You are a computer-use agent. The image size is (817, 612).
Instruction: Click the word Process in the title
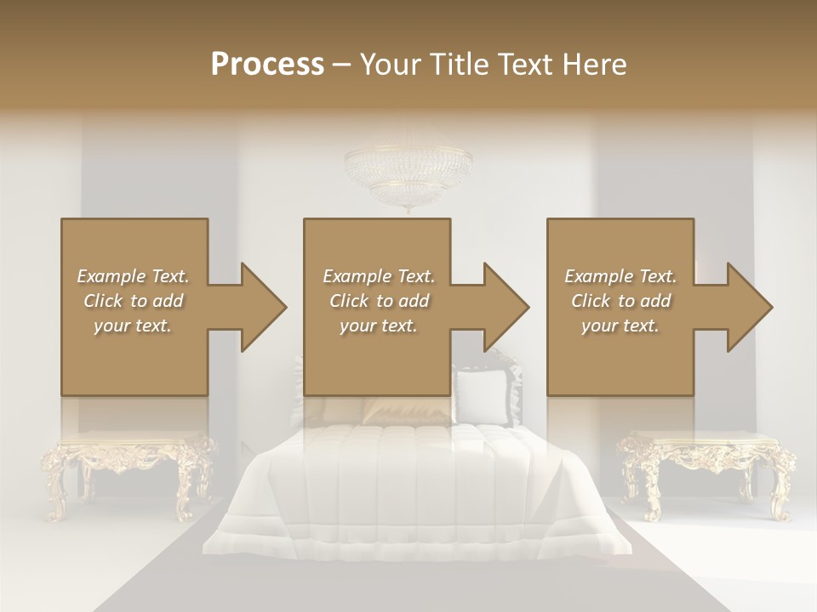267,65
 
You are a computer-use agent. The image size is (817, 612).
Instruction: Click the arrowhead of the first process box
264,307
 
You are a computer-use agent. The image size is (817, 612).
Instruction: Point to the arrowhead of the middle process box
506,307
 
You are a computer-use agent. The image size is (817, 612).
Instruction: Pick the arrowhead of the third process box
750,307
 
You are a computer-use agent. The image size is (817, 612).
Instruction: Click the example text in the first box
133,301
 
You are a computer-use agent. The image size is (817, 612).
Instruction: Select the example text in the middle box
378,301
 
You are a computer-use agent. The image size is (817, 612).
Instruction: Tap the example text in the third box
620,301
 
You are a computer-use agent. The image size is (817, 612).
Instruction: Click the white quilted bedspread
408,484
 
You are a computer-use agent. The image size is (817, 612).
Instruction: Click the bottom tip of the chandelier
409,210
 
